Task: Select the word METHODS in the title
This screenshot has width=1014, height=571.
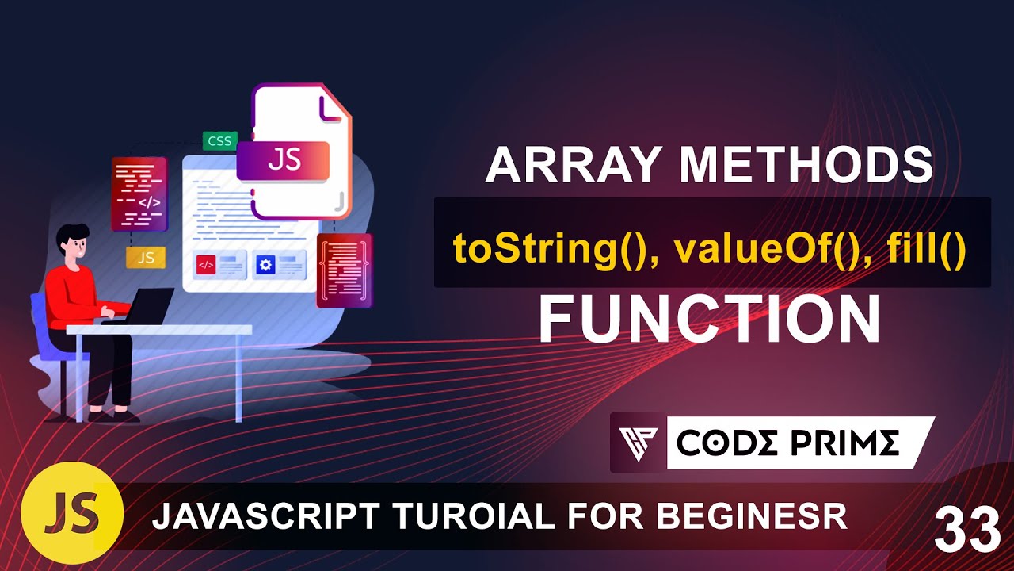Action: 806,167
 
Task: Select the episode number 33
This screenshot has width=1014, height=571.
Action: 966,529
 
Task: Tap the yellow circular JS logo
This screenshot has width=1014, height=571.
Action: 72,513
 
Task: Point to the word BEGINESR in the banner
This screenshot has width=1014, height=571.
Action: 752,517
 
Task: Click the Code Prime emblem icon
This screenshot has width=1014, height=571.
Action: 639,443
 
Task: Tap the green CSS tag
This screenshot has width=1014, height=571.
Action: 219,141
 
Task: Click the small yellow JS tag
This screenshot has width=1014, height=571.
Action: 146,257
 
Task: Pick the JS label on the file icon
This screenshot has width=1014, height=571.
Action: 284,159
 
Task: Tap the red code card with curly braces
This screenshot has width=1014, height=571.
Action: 344,270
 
